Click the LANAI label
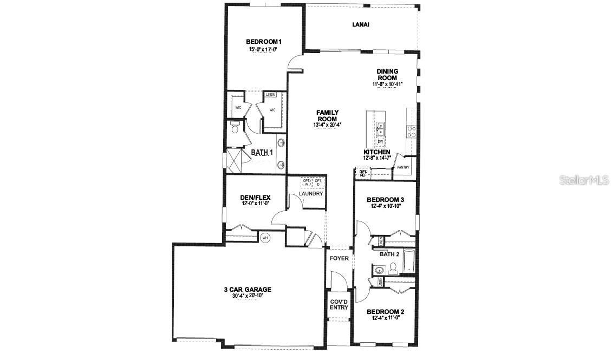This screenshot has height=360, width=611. coord(361,24)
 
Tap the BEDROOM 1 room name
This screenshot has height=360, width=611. coord(264,42)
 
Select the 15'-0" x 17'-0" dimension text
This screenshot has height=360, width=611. coord(264,49)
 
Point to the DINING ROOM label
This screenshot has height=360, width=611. coord(387,74)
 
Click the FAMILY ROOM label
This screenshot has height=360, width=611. coord(327,116)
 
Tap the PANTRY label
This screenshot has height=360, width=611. coord(403,167)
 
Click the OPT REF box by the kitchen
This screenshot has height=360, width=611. coord(363,173)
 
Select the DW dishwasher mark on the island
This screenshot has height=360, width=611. coord(380,142)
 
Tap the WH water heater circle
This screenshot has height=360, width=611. coord(265,238)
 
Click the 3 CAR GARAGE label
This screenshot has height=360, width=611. coord(248,290)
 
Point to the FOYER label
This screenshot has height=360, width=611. coord(339,258)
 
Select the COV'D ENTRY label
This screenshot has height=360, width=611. coord(339,304)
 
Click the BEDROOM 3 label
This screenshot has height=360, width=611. coord(385,199)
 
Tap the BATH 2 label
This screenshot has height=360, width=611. coord(389,254)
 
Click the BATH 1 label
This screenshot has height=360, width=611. coord(262,153)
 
